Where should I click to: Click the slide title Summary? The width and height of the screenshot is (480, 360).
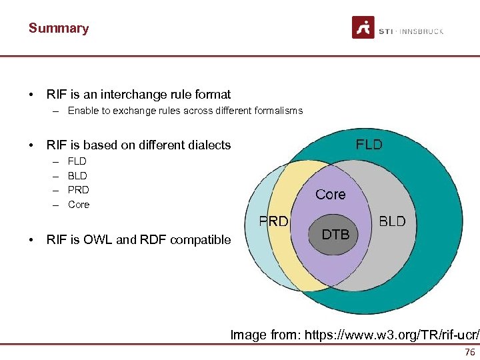(59, 29)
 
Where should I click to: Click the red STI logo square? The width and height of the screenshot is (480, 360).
(363, 28)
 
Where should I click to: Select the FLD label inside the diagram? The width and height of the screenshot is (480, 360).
(369, 145)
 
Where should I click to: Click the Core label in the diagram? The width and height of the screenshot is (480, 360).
(331, 195)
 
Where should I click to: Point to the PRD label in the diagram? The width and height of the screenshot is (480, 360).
(273, 221)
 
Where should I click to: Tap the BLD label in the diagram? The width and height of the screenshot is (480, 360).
(392, 221)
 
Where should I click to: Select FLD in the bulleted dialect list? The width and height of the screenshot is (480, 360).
(77, 161)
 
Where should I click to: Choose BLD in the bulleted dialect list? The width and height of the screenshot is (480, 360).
(77, 175)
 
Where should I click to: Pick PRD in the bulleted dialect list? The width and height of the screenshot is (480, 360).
(78, 190)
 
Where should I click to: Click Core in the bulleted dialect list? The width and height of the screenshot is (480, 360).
(79, 205)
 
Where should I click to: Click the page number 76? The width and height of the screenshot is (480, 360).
(470, 352)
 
